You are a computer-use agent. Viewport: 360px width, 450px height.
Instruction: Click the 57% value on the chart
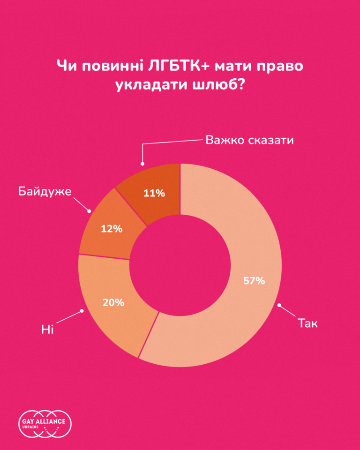(x=254, y=281)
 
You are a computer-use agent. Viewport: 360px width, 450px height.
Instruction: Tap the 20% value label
(x=113, y=302)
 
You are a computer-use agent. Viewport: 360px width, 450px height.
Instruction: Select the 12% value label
(x=112, y=229)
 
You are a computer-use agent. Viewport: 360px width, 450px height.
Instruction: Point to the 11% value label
(x=154, y=193)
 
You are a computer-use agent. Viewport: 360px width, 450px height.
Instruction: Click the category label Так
(x=308, y=323)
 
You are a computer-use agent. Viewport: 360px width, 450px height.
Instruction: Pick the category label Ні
(x=47, y=330)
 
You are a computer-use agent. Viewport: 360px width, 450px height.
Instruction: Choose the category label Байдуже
(x=45, y=191)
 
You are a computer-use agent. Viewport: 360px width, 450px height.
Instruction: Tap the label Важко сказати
(x=250, y=140)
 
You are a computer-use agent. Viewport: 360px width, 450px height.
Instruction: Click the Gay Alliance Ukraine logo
(x=46, y=424)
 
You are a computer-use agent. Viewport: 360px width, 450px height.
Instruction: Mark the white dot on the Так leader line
(x=279, y=305)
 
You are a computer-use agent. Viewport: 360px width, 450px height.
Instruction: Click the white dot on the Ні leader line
(x=83, y=310)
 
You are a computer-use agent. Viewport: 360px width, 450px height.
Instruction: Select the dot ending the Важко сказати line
(x=142, y=164)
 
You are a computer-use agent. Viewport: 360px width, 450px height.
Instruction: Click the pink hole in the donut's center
(x=180, y=265)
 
